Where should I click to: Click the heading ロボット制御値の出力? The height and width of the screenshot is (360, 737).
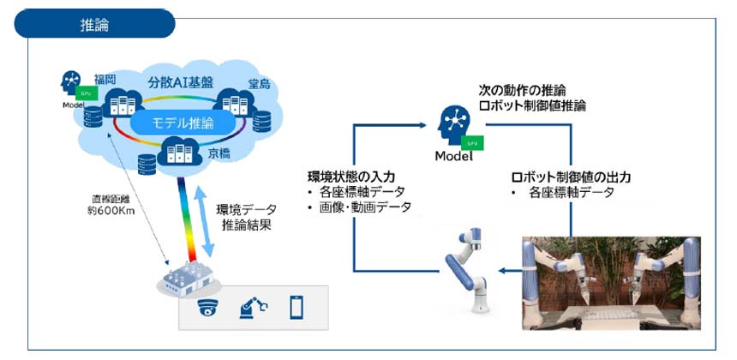(570, 177)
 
